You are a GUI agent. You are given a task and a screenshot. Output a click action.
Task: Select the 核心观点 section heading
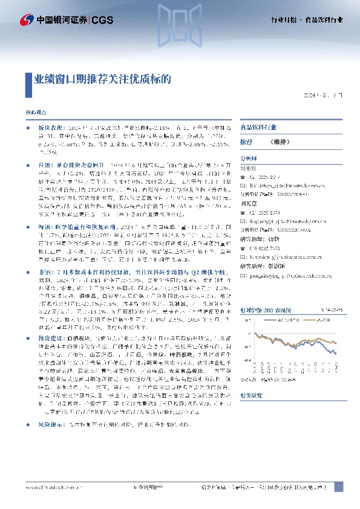point(35,113)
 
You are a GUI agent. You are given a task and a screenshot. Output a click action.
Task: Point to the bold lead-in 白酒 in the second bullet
point(42,164)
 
